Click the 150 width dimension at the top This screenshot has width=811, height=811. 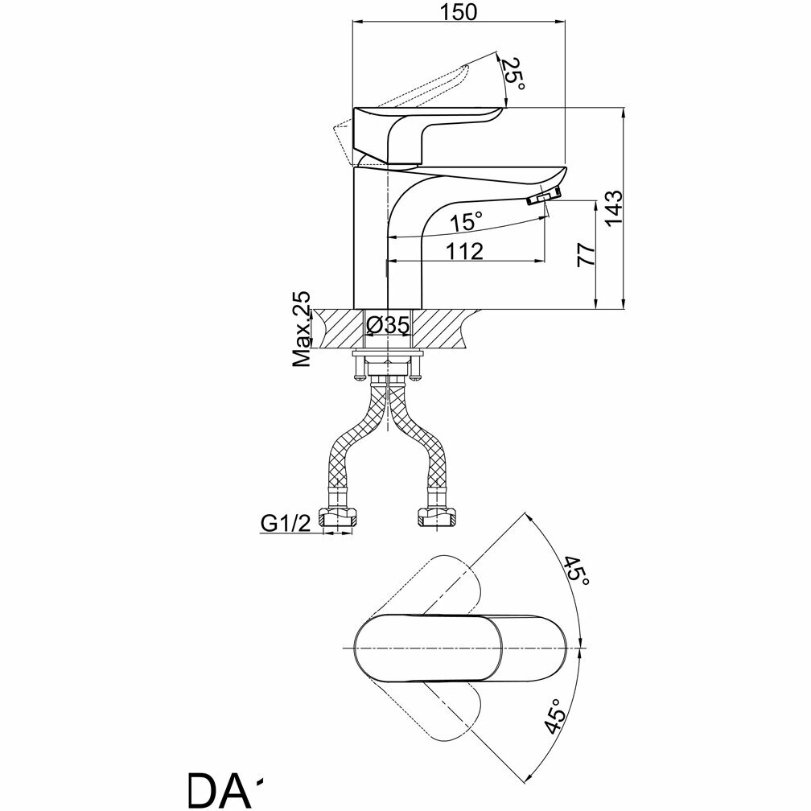pos(459,12)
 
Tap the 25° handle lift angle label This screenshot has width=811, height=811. pos(514,75)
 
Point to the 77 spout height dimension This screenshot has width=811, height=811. pos(586,254)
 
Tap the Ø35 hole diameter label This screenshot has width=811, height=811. pos(388,326)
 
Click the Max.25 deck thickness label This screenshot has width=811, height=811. pos(302,330)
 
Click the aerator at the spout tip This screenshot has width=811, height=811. pos(545,196)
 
